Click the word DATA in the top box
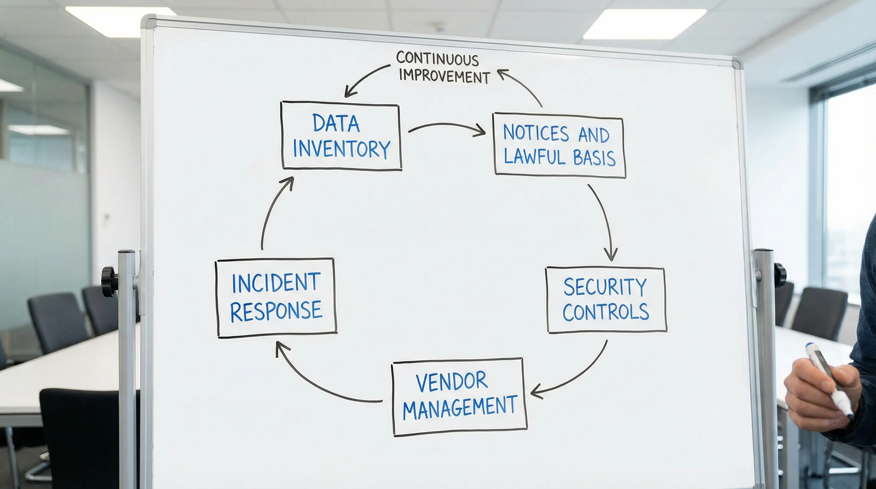point(336,123)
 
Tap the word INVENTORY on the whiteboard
point(342,149)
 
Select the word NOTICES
point(536,133)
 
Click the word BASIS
point(594,158)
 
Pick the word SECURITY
point(605,287)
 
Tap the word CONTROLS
point(606,312)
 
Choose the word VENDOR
point(452,381)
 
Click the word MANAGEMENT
point(460,407)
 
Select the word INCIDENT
point(276,283)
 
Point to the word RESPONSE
point(276,310)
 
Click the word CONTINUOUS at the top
point(437,59)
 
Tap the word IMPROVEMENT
point(444,76)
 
